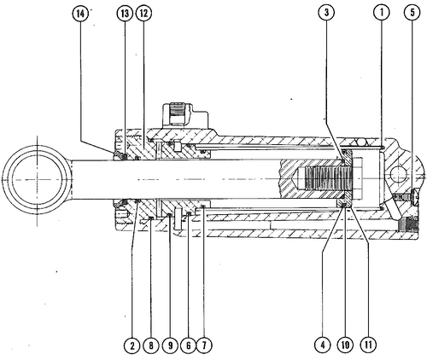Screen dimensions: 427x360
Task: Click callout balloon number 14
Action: [x=80, y=14]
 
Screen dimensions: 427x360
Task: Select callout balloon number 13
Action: [x=125, y=14]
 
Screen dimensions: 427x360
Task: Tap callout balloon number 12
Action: [x=143, y=14]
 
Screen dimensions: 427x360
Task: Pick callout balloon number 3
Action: [x=326, y=13]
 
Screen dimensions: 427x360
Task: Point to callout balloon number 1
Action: [x=382, y=13]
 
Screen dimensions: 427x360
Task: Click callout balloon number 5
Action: [x=412, y=13]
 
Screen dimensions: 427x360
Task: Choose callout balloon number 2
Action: [x=132, y=345]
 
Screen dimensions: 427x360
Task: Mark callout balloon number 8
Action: [x=151, y=345]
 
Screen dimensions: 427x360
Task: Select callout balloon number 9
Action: [x=170, y=345]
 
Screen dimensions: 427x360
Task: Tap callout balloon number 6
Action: [x=188, y=345]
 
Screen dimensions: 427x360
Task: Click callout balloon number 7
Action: [x=204, y=345]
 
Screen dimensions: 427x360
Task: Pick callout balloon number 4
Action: [x=323, y=345]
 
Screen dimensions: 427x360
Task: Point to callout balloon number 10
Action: [x=345, y=345]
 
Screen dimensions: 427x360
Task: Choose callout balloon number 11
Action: [x=368, y=345]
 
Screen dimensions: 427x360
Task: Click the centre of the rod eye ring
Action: [x=37, y=179]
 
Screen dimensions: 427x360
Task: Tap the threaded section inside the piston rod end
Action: [x=328, y=179]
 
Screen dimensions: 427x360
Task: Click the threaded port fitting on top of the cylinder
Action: [x=178, y=113]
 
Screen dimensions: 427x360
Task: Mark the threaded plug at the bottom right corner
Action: [x=407, y=224]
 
